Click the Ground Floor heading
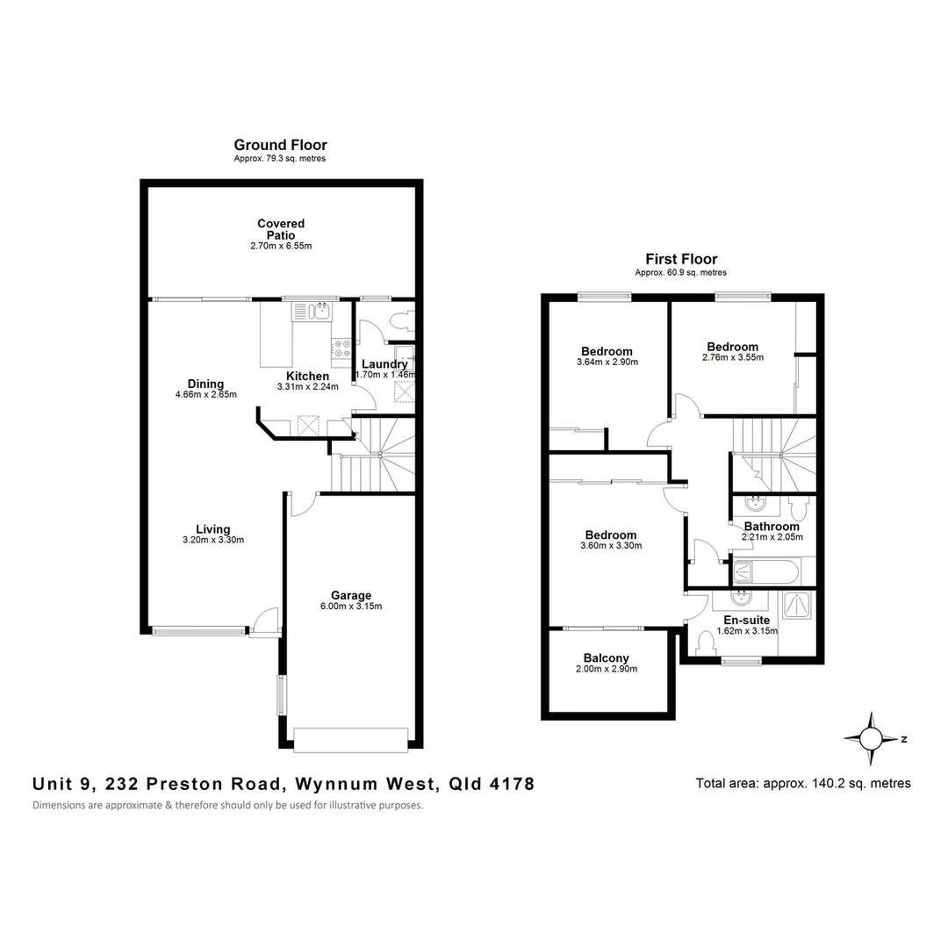coord(280,145)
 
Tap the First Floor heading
coord(681,259)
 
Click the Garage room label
coord(351,595)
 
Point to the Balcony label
coord(606,658)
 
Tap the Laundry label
coord(384,364)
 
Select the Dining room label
coord(205,384)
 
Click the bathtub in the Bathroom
coord(765,572)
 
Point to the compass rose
coord(871,738)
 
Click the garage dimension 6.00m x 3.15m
coord(351,607)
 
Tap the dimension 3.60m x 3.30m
coord(611,546)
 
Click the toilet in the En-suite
coord(705,643)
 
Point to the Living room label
coord(212,529)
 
